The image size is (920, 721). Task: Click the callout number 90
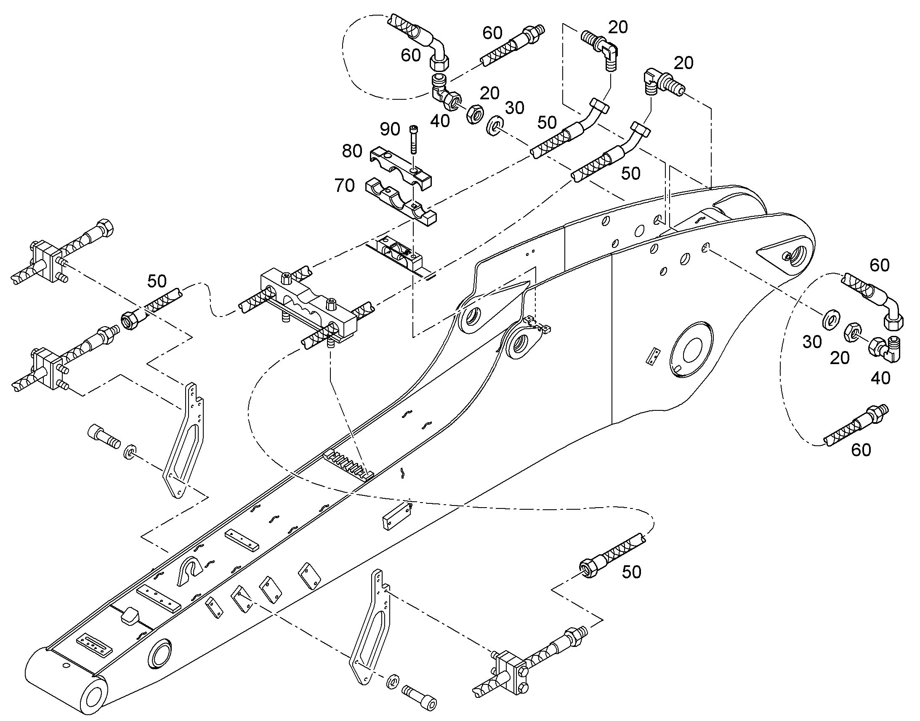[390, 129]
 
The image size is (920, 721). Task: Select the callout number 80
[352, 151]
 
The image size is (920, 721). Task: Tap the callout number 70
[345, 186]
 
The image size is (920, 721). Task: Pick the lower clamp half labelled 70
[401, 201]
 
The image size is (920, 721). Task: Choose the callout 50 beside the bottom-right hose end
[631, 572]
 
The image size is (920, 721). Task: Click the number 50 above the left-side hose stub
[157, 281]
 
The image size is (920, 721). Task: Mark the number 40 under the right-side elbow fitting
[880, 378]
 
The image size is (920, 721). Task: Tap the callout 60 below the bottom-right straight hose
[861, 450]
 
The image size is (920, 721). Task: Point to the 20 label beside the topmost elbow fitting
[618, 27]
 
